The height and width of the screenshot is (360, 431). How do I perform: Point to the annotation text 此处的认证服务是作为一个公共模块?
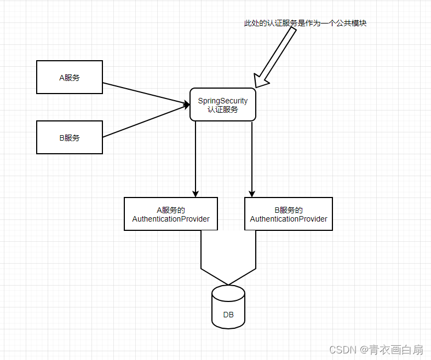click(x=306, y=23)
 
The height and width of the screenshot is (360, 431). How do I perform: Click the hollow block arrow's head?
click(x=260, y=80)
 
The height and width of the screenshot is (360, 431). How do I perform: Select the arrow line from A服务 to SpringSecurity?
click(x=146, y=94)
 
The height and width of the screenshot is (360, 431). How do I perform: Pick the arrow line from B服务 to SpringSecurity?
click(x=146, y=121)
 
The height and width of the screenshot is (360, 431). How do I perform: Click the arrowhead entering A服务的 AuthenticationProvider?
click(x=196, y=194)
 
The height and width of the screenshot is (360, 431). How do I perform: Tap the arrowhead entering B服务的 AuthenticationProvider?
click(x=252, y=194)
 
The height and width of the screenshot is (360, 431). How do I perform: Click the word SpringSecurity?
click(x=223, y=101)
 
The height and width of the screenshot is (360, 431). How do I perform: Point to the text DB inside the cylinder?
click(x=228, y=315)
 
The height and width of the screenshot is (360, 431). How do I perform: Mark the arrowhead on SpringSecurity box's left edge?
click(x=187, y=104)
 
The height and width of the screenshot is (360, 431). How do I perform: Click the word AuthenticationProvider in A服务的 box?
click(x=171, y=219)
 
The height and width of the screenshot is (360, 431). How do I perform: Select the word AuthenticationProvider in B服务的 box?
click(x=289, y=219)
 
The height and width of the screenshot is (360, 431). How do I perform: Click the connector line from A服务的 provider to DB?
click(x=201, y=263)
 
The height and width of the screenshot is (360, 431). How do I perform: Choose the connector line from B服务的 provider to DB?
click(x=256, y=263)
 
